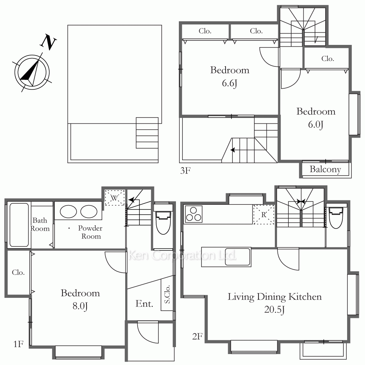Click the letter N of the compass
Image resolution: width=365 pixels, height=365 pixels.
(49, 42)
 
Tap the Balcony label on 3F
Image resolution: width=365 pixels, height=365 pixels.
(325, 169)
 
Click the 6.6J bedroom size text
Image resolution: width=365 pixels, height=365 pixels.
(230, 83)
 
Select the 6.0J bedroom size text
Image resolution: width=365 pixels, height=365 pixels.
(316, 124)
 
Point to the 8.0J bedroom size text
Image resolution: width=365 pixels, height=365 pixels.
(80, 306)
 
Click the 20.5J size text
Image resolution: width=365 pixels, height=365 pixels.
(274, 310)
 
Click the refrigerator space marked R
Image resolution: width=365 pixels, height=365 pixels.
(264, 214)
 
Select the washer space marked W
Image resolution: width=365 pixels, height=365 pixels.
(115, 198)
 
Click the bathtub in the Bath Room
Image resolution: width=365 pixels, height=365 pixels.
(19, 225)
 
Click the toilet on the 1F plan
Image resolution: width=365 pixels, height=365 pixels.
(163, 219)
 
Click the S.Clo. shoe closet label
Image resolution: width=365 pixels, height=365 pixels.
(167, 294)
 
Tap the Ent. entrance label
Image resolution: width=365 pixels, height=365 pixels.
(144, 304)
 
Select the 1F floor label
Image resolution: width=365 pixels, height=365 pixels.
(18, 344)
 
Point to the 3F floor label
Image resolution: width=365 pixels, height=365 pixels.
(185, 170)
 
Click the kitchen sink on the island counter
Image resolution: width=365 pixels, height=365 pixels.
(238, 257)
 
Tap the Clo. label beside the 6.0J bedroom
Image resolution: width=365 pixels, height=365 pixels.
(327, 58)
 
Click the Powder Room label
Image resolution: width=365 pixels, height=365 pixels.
(90, 232)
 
